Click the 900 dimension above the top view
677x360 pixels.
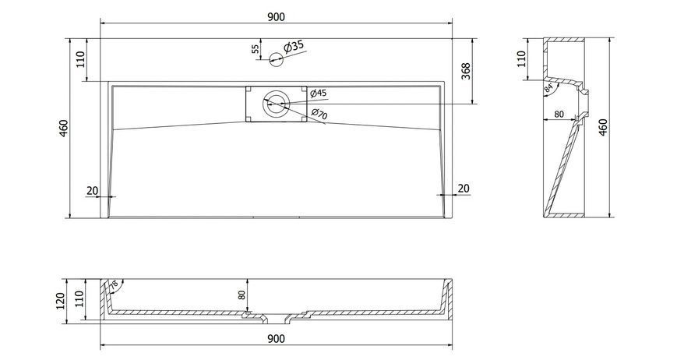coord(276,17)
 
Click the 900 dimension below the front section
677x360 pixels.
coord(276,339)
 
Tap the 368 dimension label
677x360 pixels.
coord(467,71)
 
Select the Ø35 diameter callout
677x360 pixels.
coord(294,47)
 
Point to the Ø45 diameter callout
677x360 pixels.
coord(318,93)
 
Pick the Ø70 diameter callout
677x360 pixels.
coord(319,114)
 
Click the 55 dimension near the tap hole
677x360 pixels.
coord(256,49)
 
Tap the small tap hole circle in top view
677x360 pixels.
coord(276,59)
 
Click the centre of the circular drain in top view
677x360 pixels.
coord(276,104)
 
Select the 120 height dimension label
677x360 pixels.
coord(61,301)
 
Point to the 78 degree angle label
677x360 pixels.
coord(114,285)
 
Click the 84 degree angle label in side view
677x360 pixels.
coord(548,88)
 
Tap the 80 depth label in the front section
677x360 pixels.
coord(242,295)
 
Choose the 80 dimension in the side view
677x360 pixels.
coord(559,115)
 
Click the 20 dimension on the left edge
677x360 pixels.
coord(93,190)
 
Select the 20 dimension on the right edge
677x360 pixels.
coord(464,189)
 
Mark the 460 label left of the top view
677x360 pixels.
coord(63,129)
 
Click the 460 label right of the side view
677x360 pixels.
coord(603,127)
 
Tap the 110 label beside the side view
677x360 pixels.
coord(521,58)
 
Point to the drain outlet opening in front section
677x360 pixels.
coord(276,319)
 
